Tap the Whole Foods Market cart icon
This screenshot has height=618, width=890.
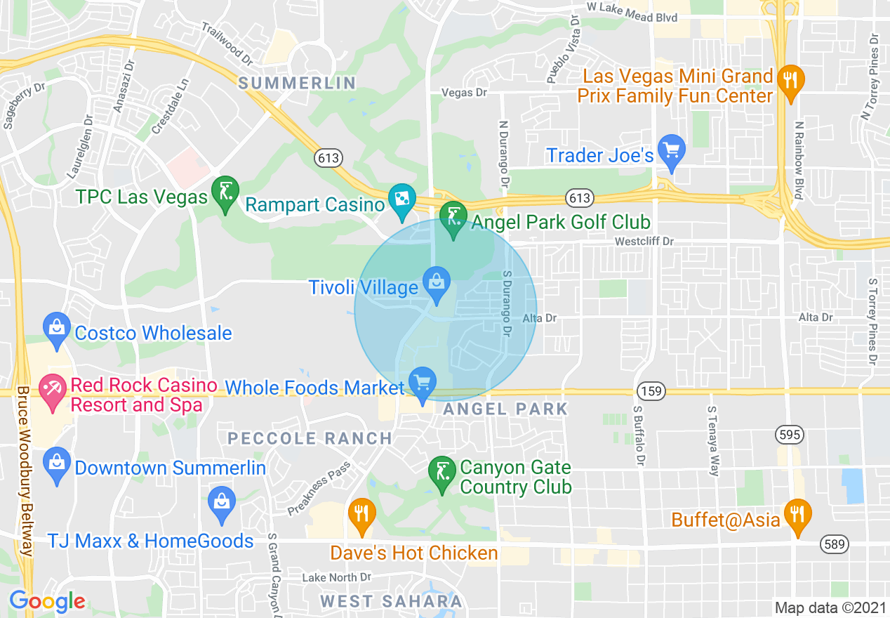(422, 383)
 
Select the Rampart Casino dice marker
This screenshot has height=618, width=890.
(402, 200)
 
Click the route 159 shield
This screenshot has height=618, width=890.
(652, 390)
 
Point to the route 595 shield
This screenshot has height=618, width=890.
(789, 435)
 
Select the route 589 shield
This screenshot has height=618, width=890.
(835, 544)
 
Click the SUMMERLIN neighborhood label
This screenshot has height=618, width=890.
(297, 84)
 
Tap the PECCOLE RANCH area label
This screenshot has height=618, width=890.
(310, 438)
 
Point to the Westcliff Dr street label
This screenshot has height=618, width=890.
(644, 242)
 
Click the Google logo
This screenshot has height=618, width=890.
(48, 601)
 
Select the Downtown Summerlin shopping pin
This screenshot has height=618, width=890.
(56, 464)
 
